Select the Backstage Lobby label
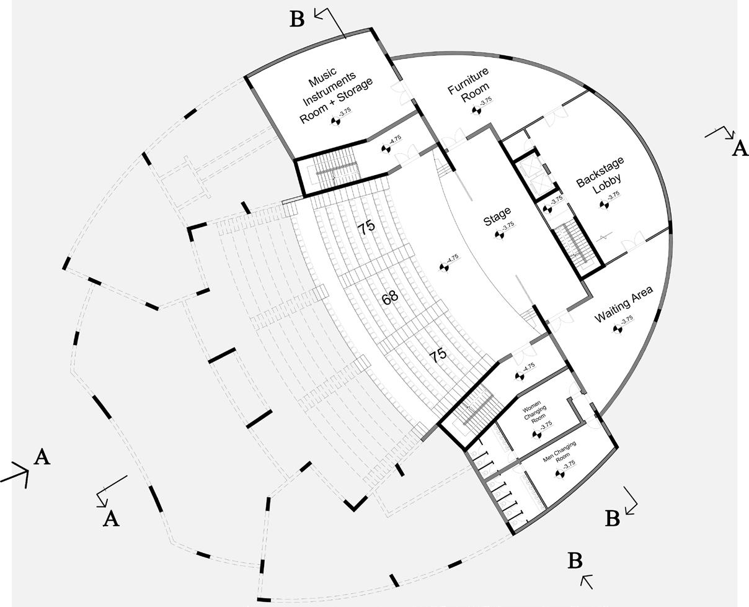point(600,176)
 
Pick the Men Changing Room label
point(559,452)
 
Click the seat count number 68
point(390,299)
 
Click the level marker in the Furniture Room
point(476,110)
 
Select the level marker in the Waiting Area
point(618,330)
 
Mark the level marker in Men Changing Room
point(559,474)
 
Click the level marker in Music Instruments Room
point(335,121)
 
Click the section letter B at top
point(297,20)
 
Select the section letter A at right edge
point(740,149)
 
